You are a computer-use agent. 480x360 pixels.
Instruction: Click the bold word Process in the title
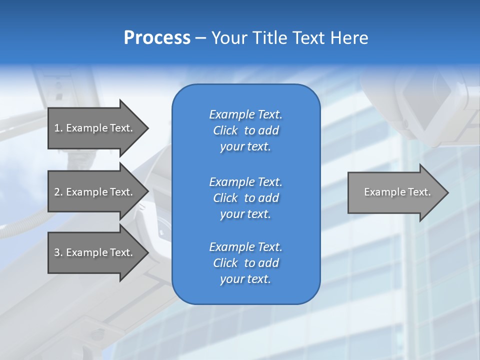coord(157,38)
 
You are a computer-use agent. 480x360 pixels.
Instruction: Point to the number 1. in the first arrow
coord(58,128)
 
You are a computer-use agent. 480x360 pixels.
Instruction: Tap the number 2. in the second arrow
coord(58,192)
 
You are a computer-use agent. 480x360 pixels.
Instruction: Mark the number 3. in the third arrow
coord(58,252)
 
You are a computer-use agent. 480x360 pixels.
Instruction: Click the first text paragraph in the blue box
coord(245,130)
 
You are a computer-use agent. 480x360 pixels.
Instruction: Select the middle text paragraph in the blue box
coord(245,198)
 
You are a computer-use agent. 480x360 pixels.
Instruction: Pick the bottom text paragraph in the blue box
coord(245,263)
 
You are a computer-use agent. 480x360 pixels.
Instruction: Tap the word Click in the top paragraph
coord(225,130)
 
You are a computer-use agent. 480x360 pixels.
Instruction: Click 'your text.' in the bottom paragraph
coord(245,279)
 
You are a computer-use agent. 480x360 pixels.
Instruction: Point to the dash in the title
coord(200,38)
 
